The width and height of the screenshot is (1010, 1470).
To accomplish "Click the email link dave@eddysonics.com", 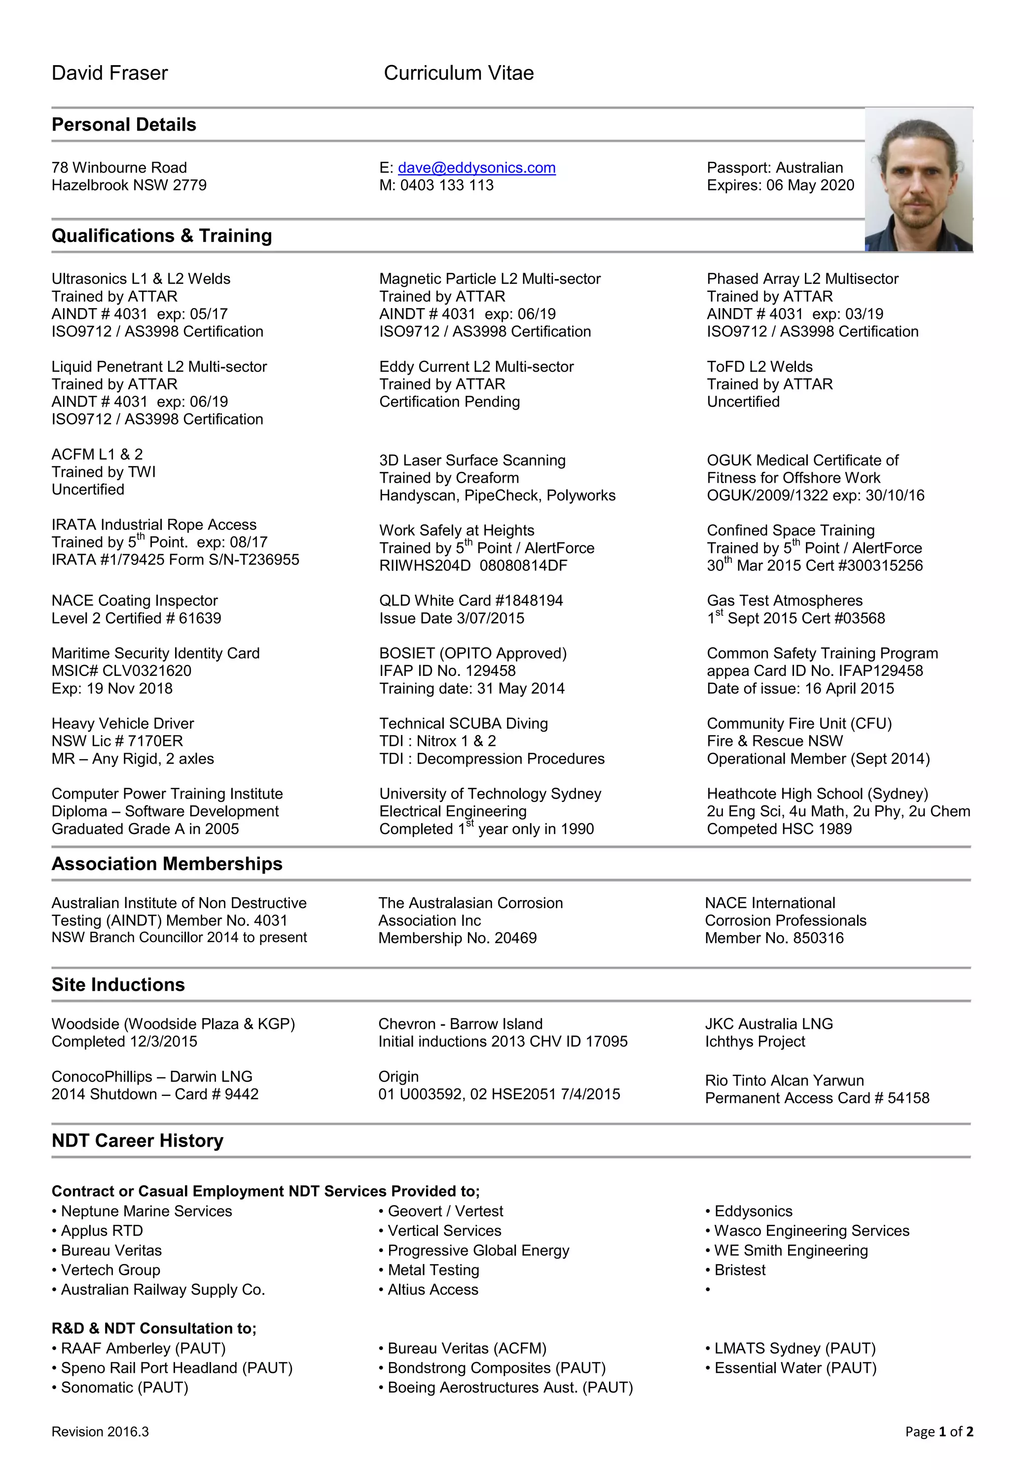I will (x=476, y=168).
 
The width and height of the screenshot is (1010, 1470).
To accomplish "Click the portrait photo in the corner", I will (x=918, y=179).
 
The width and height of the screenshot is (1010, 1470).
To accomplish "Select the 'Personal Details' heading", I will (x=124, y=125).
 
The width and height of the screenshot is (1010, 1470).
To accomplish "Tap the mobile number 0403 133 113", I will (x=446, y=185).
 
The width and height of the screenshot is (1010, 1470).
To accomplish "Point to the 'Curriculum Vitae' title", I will (x=459, y=73).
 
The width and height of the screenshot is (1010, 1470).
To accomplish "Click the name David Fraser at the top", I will (x=109, y=73).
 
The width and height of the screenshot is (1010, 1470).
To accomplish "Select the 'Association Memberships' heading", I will (x=167, y=864).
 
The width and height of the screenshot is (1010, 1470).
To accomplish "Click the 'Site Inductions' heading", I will (x=118, y=985).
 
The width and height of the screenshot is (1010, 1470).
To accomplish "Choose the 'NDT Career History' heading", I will (x=137, y=1141).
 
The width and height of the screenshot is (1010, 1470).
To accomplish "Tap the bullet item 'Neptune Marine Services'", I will (x=146, y=1211).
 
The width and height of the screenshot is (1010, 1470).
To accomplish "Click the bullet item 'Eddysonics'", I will (x=753, y=1211).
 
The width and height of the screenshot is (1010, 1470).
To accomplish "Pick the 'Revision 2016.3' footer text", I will (x=100, y=1432).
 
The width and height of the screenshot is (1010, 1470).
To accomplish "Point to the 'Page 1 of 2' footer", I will (x=939, y=1432).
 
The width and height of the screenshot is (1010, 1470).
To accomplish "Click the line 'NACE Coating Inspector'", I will (x=135, y=601).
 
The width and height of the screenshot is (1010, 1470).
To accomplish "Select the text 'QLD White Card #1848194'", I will (x=471, y=601).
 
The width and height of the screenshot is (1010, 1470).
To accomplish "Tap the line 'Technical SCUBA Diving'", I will (x=463, y=724).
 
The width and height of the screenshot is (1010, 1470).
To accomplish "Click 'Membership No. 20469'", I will (x=458, y=938).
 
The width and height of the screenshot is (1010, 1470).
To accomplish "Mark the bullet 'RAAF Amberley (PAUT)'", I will (x=143, y=1349).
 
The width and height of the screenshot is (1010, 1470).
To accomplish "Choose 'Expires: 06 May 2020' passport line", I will (x=780, y=185).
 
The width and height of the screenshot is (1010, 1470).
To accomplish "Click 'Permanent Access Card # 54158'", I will (x=817, y=1098).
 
